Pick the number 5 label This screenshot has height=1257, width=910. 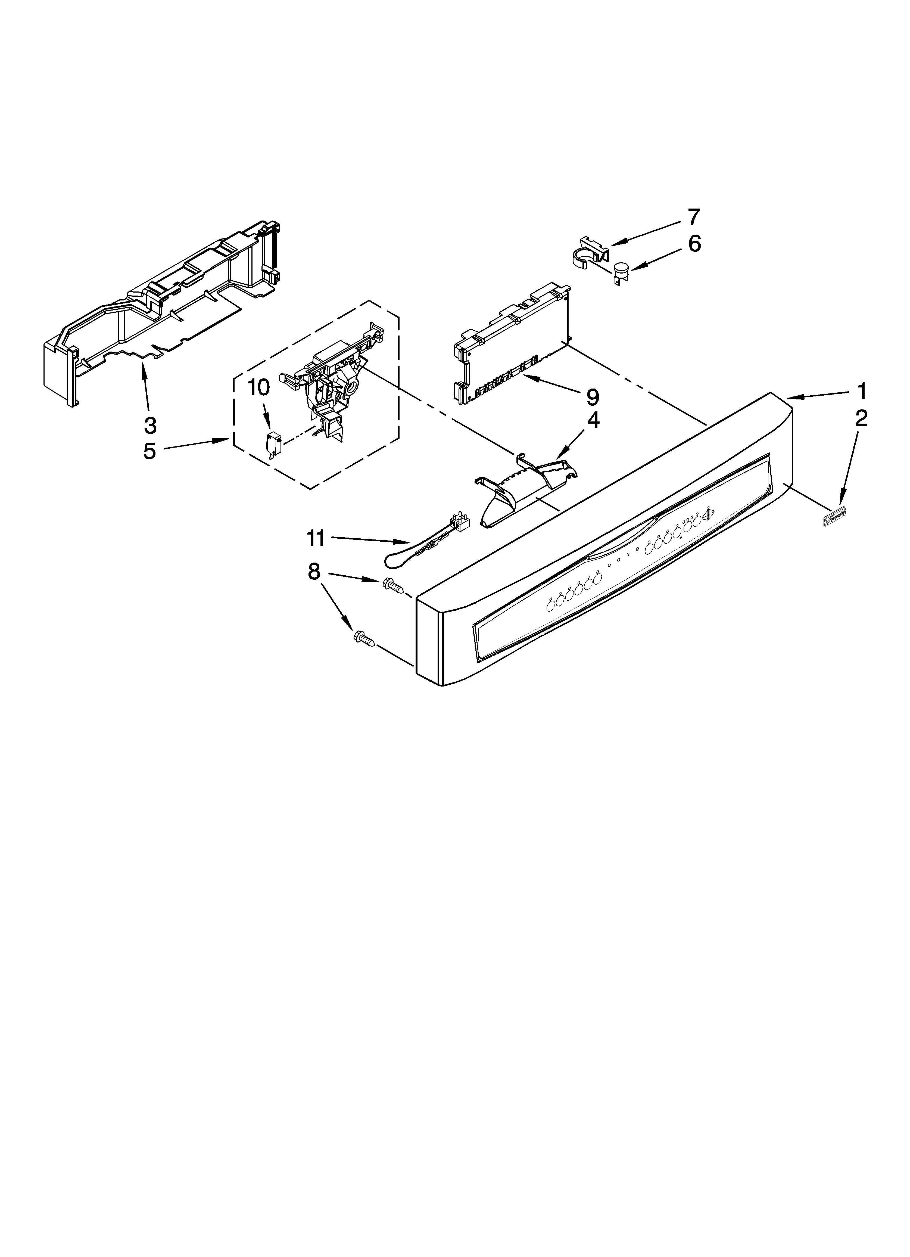(x=150, y=451)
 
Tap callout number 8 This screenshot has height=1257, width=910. (x=314, y=572)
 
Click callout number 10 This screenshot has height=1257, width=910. (x=258, y=388)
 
